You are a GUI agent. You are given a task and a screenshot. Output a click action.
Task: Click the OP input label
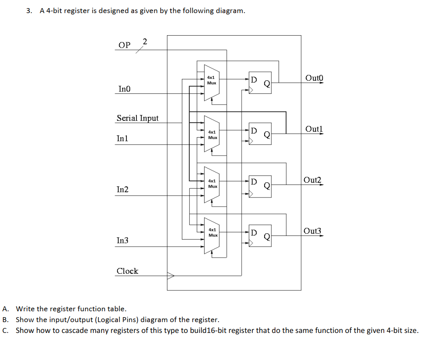click(x=124, y=45)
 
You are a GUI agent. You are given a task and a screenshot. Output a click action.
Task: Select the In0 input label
click(x=124, y=89)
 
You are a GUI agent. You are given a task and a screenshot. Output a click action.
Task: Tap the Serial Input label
click(x=138, y=118)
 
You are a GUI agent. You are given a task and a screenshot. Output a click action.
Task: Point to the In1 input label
click(x=122, y=138)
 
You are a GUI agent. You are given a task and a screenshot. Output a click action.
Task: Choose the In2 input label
click(x=122, y=189)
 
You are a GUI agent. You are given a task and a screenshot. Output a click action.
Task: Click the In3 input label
click(x=122, y=240)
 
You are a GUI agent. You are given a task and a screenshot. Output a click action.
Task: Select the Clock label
click(x=127, y=271)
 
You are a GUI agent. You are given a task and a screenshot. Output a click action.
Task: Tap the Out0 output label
click(x=314, y=78)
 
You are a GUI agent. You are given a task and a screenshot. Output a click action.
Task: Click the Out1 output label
click(x=314, y=129)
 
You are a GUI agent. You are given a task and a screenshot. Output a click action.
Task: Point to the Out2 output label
click(x=313, y=180)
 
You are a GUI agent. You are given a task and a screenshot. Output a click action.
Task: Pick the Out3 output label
click(x=313, y=231)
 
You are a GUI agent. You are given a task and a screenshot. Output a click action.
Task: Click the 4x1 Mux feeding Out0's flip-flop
click(x=211, y=81)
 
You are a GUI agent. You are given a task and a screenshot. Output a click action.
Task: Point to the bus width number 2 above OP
click(x=144, y=42)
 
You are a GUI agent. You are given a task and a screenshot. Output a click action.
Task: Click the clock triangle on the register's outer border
click(x=170, y=275)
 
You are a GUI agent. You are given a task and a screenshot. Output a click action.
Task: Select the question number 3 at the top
click(x=29, y=11)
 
